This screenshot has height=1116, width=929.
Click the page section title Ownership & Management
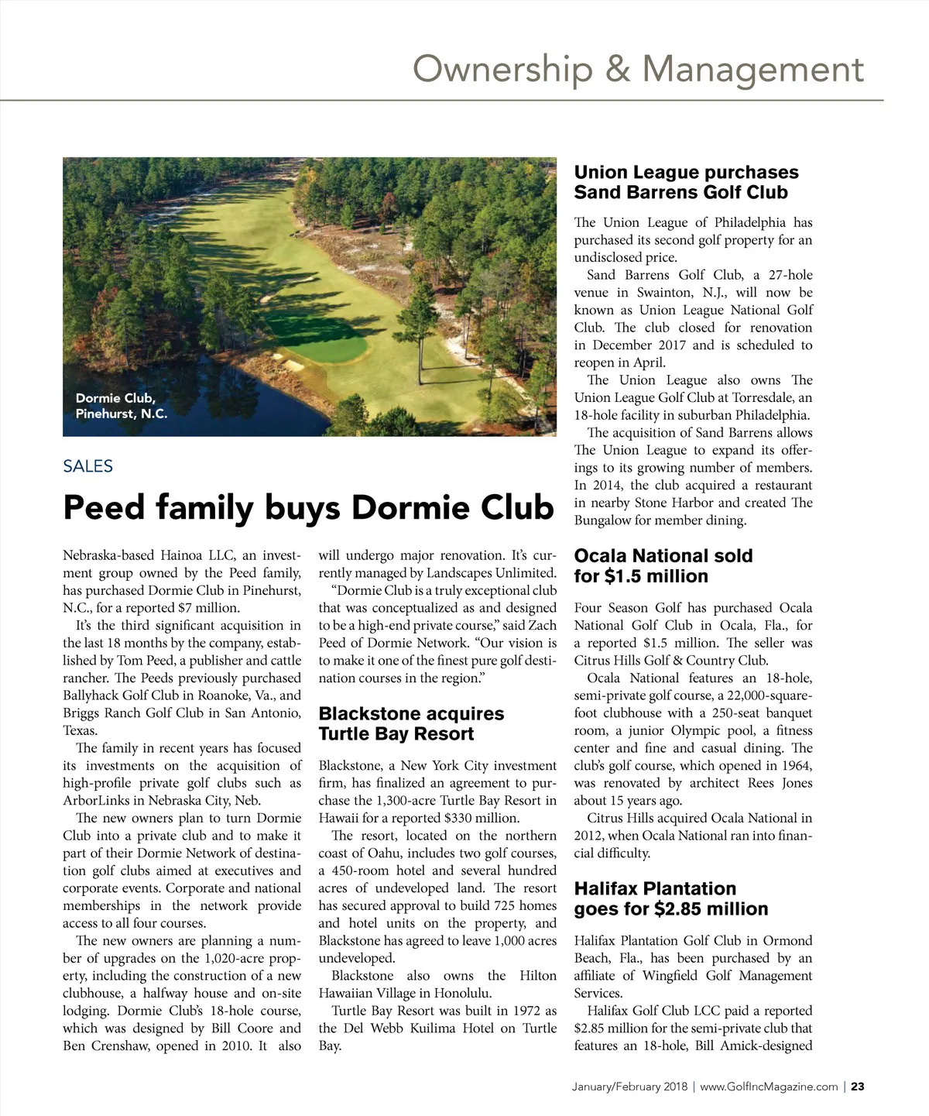(x=638, y=69)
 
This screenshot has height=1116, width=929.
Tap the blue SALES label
(x=88, y=466)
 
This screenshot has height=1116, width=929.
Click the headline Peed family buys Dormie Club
(x=308, y=508)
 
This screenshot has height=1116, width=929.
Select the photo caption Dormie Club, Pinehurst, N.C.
(x=121, y=406)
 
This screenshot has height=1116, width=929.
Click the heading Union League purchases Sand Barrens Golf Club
(x=686, y=182)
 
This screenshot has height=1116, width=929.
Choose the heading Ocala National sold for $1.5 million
(x=663, y=566)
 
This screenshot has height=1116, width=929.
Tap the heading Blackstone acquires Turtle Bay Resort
(x=411, y=723)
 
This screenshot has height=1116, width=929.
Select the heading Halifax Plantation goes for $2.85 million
(x=670, y=898)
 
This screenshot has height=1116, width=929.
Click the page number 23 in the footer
(x=858, y=1087)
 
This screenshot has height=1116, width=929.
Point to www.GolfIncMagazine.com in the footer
(x=769, y=1087)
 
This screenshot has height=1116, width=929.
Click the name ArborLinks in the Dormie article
(x=97, y=801)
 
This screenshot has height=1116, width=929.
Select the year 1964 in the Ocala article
(x=795, y=765)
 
